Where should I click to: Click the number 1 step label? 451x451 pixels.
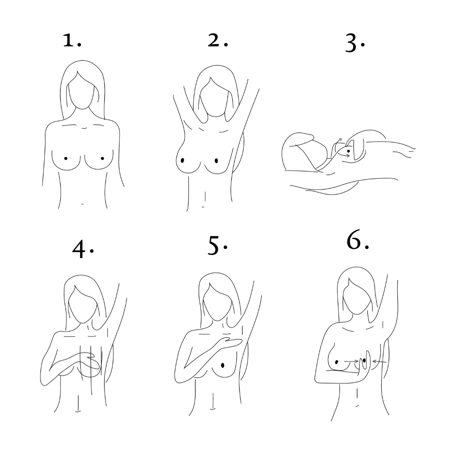coord(72,40)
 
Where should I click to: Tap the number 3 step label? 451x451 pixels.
coord(355,43)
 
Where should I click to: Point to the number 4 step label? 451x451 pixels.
coord(83,249)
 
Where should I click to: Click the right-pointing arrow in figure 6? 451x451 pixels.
coord(351,361)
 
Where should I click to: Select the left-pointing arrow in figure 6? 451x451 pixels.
coord(379,361)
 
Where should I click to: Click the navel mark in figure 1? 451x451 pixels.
coord(83,204)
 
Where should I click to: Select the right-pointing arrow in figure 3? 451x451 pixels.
coord(344,155)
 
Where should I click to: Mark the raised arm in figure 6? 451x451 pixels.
coord(392,311)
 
